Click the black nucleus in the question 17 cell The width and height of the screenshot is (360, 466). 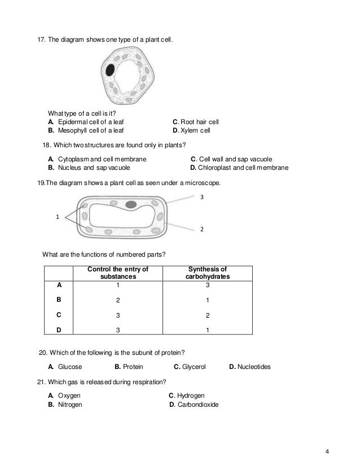click(x=111, y=70)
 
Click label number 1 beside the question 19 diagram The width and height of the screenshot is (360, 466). click(x=56, y=215)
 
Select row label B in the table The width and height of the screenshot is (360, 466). click(x=59, y=301)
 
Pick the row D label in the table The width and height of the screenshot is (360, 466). click(x=59, y=331)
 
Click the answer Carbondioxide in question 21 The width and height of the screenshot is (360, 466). click(x=197, y=405)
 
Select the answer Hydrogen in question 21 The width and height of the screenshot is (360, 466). click(x=190, y=395)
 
